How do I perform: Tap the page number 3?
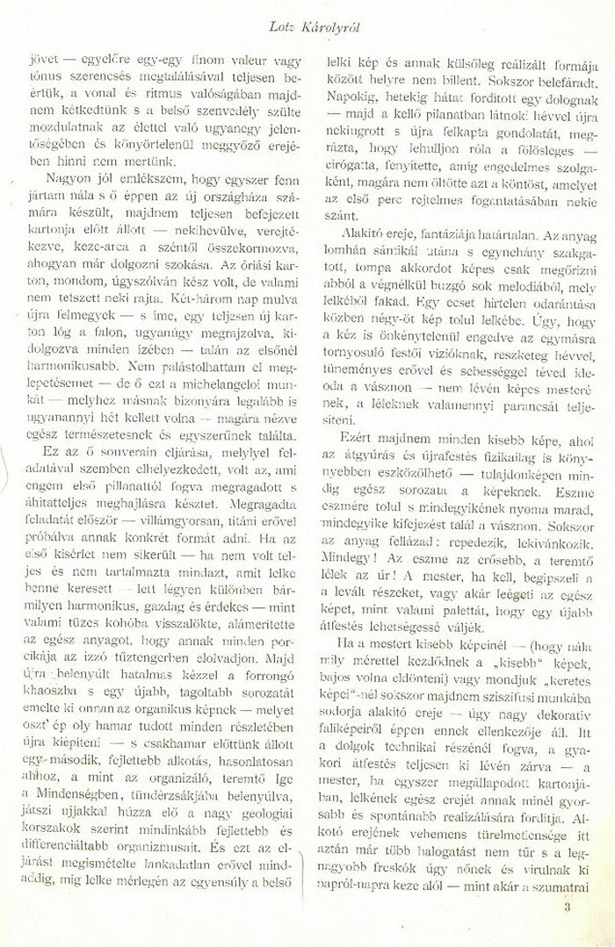point(568,908)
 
